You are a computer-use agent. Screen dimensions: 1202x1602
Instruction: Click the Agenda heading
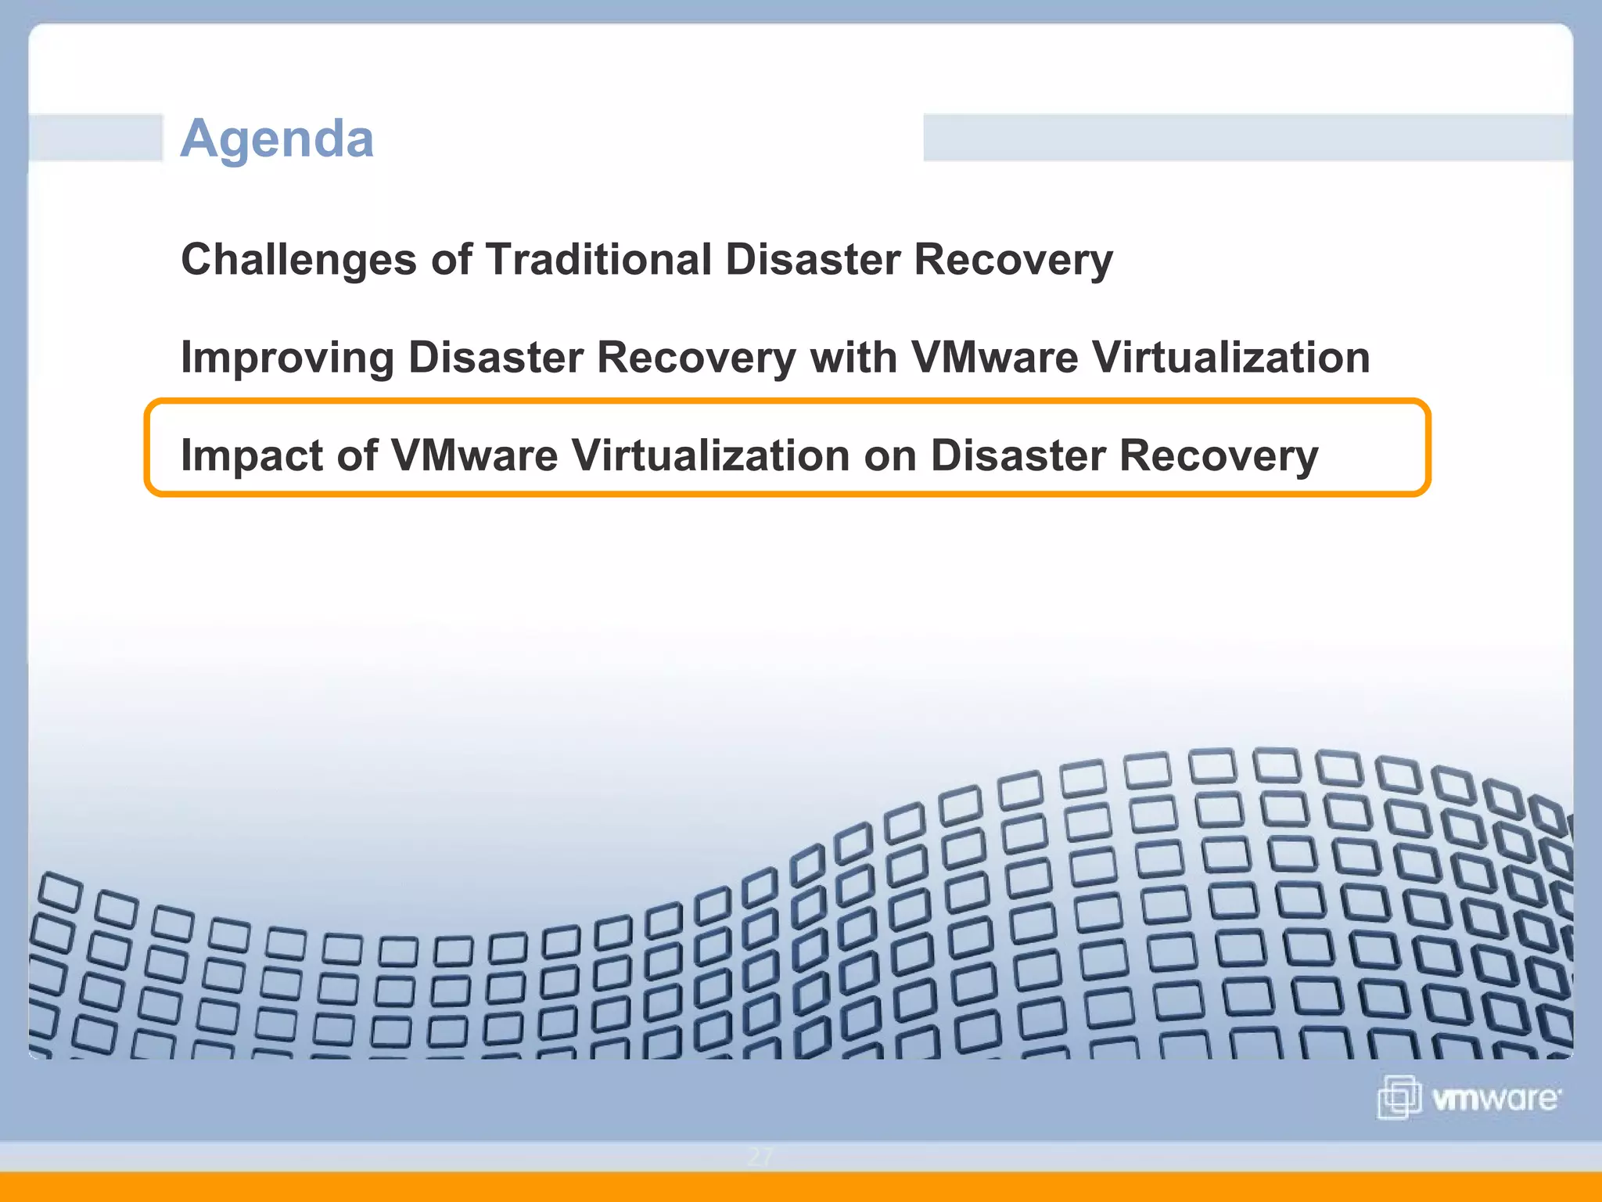coord(277,139)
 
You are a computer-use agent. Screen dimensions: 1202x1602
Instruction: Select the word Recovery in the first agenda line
coord(1013,259)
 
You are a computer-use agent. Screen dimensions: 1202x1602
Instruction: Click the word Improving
coord(287,358)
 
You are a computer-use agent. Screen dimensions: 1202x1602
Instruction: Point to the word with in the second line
coord(853,358)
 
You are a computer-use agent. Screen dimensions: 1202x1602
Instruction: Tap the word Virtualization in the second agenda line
coord(1231,358)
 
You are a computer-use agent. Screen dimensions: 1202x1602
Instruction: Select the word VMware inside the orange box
coord(474,455)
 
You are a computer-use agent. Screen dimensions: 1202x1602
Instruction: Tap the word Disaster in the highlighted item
coord(1018,455)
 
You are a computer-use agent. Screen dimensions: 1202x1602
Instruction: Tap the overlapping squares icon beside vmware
coord(1399,1097)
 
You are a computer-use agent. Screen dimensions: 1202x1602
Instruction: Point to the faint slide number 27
coord(760,1157)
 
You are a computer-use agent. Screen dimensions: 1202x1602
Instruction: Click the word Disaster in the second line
coord(495,358)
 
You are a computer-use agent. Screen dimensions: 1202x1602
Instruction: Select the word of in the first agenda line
coord(451,259)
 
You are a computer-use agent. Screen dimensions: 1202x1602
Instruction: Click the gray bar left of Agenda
coord(95,138)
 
